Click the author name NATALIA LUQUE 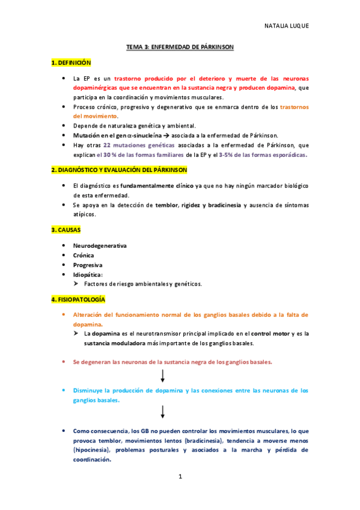pos(286,26)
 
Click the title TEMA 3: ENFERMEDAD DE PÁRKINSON pos(180,46)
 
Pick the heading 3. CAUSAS pos(66,230)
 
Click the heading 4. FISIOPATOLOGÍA pos(78,299)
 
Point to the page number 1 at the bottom pos(180,477)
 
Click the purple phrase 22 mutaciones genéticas pos(130,146)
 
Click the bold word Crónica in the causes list pos(84,255)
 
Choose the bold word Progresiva pos(88,265)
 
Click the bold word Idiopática pos(88,274)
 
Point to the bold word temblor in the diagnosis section pos(167,205)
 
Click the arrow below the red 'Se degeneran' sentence pos(163,376)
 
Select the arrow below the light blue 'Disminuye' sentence pos(163,411)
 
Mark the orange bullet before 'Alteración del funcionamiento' pos(64,315)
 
